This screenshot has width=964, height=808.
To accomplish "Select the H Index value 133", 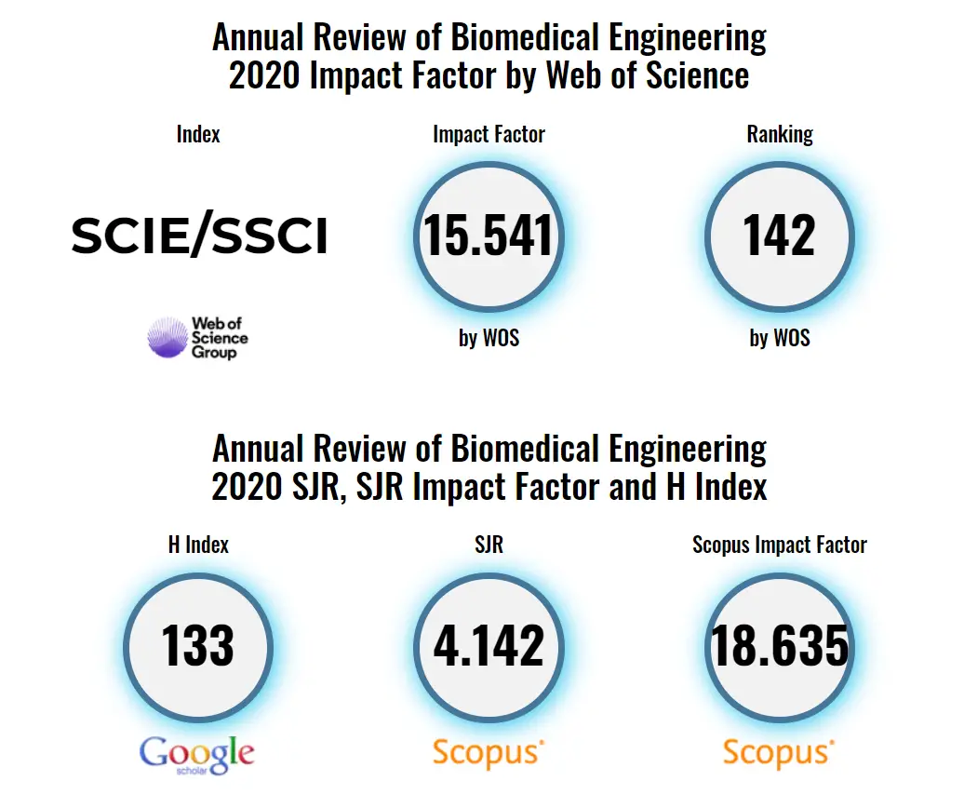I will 198,645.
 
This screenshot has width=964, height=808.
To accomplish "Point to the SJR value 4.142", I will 489,645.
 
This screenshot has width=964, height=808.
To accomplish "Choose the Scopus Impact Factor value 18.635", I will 780,645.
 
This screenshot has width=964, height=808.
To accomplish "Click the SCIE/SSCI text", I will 199,236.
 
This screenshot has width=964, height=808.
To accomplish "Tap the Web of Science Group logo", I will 198,338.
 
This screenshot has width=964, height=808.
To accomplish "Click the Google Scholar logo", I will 197,754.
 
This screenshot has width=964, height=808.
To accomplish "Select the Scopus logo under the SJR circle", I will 488,752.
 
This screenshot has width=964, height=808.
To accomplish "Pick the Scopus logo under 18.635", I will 779,752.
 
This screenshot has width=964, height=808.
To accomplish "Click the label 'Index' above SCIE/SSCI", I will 198,134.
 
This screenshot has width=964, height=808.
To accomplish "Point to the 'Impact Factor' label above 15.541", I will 489,134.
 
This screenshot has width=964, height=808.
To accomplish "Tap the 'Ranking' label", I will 780,134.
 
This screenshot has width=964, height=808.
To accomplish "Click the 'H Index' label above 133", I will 198,545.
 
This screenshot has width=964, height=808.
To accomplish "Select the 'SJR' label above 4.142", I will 489,545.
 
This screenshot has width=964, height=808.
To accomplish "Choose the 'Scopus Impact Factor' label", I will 780,545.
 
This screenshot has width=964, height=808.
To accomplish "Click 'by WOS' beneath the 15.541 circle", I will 489,338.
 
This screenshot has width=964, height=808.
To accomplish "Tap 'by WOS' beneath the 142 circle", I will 780,338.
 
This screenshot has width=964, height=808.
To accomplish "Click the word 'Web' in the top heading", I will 570,74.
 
